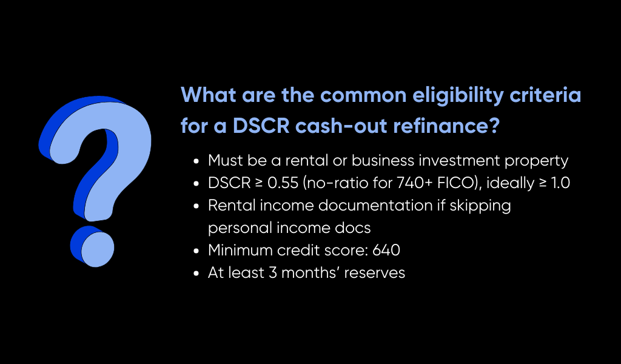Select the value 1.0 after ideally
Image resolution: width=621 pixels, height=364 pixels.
tap(558, 183)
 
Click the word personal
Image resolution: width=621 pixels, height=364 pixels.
tap(237, 228)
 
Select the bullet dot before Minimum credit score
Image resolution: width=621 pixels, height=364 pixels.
tap(196, 251)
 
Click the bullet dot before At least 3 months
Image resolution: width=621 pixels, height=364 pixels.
tap(196, 274)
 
